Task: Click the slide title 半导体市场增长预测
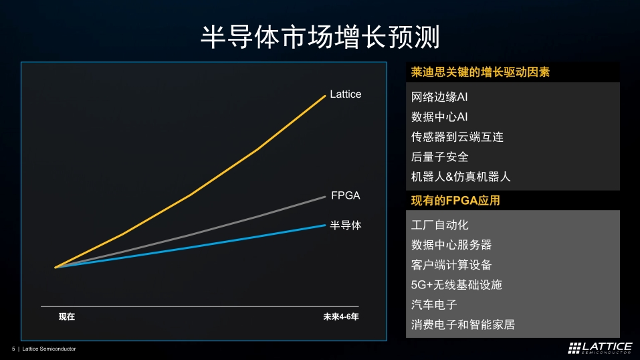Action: (320, 37)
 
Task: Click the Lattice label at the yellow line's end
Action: (345, 94)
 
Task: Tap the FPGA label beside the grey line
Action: (345, 195)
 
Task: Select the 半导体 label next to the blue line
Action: (345, 226)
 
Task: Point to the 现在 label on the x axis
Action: (67, 317)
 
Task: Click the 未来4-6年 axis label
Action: (340, 317)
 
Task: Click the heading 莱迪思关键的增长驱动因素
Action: (480, 72)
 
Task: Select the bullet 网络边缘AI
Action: (439, 97)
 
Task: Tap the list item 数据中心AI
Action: (439, 117)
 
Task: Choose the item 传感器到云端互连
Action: (457, 137)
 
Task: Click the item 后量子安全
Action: (439, 157)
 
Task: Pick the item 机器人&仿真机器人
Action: (461, 177)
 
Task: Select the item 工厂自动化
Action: (439, 225)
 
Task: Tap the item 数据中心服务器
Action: (451, 245)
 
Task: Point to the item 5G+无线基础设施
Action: (456, 285)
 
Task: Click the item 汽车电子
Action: (433, 305)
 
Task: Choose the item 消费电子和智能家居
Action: (463, 325)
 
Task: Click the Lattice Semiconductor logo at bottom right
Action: (600, 347)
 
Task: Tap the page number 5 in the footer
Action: (13, 349)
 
